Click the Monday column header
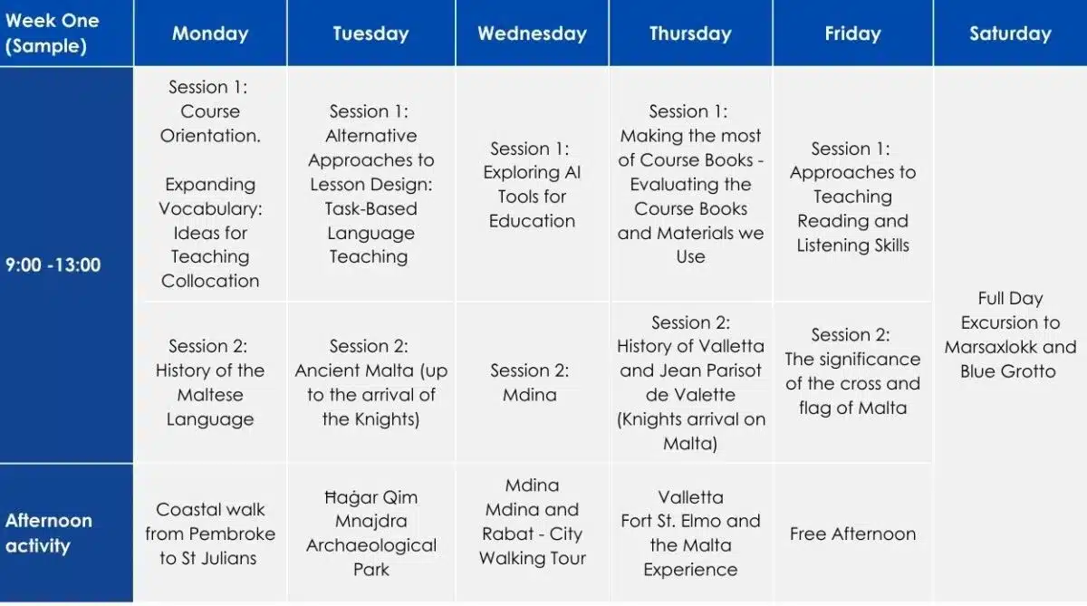coord(210,33)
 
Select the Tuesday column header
coord(371,33)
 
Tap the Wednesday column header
coord(532,33)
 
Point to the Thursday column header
coord(690,33)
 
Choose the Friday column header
coord(852,33)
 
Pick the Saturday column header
coord(1010,33)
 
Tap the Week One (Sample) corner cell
coord(66,33)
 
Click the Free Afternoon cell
coord(852,534)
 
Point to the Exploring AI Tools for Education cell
coord(532,185)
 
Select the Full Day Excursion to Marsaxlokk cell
coord(1010,335)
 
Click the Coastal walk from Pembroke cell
coord(210,534)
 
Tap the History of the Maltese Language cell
coord(210,382)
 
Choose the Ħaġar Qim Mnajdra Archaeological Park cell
coord(371,534)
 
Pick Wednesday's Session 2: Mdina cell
coord(532,382)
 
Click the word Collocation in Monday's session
coord(210,281)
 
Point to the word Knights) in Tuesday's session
coord(388,419)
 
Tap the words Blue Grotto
coord(1008,371)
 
